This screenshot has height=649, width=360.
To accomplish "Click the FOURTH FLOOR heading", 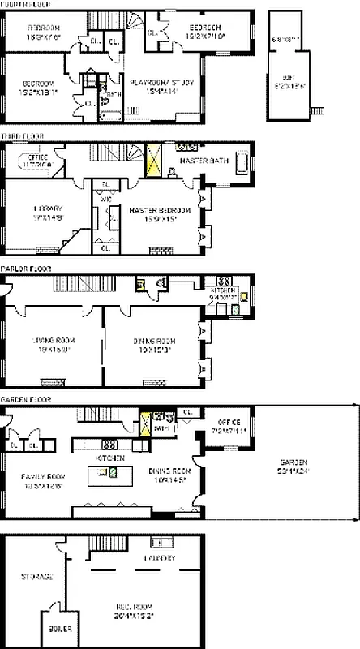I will point(22,5).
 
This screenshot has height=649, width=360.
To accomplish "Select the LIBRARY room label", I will point(47,208).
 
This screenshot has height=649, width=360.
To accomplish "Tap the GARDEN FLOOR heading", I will point(22,400).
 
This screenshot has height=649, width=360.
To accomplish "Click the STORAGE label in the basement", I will point(36,577).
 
